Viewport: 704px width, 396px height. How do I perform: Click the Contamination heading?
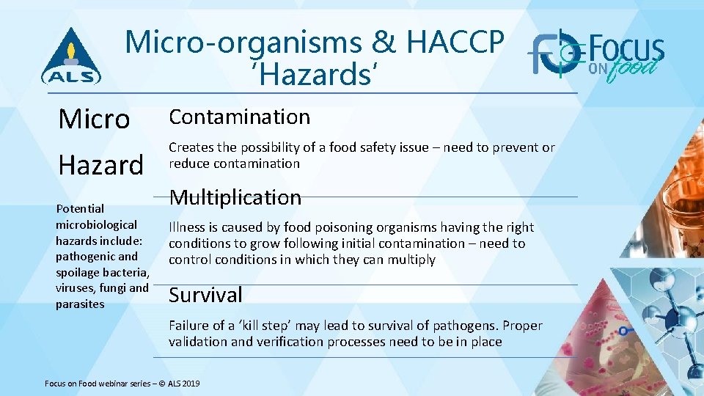point(240,117)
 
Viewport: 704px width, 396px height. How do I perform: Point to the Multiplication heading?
point(235,197)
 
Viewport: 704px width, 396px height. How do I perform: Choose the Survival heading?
point(205,295)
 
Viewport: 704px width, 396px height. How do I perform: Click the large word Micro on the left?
point(94,118)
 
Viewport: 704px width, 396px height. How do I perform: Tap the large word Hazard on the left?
point(100,164)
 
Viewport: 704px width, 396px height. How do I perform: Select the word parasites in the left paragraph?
point(80,304)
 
